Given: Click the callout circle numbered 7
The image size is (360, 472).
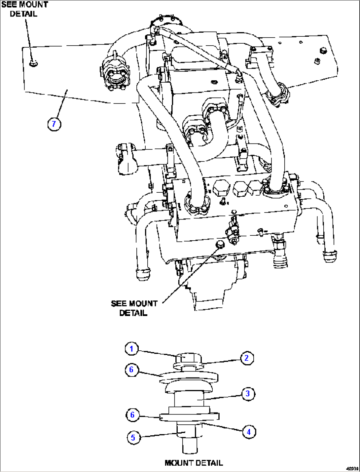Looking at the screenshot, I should [54, 124].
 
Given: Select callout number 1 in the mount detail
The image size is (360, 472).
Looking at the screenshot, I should [131, 349].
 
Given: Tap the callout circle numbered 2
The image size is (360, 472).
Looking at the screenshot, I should [246, 358].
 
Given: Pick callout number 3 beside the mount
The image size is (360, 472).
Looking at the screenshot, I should [248, 394].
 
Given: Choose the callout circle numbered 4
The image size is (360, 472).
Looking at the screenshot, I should [249, 432].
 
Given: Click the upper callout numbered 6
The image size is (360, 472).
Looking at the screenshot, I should [131, 369].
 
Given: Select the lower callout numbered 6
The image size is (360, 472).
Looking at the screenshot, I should [132, 415].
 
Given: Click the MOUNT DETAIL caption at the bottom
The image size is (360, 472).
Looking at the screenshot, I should [194, 463].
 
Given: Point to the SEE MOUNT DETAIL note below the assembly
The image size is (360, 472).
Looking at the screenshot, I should [134, 308].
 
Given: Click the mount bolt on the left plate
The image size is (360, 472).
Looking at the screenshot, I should [33, 63].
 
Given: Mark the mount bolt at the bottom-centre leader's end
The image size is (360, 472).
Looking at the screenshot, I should [220, 245].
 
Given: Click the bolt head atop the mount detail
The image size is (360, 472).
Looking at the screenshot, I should [187, 358].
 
